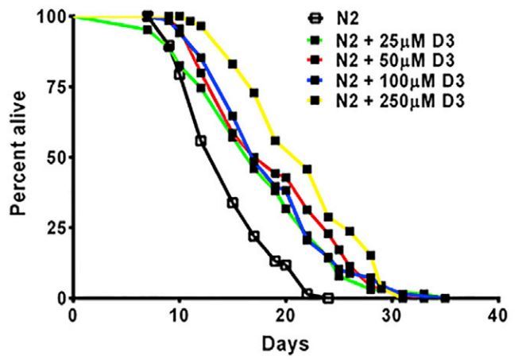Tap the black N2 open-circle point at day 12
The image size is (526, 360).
[x=200, y=141]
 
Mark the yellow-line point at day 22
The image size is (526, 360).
[x=307, y=168]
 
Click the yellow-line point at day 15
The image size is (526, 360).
[x=233, y=64]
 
